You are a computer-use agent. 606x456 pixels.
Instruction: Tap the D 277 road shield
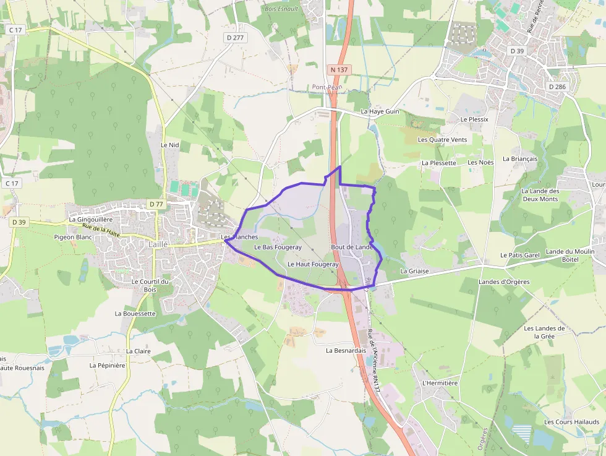236,38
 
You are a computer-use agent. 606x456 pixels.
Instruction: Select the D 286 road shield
557,87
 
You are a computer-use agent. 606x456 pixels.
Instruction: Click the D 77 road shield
156,204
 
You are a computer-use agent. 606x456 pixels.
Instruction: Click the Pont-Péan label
326,87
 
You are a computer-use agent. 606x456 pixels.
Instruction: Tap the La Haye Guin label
380,111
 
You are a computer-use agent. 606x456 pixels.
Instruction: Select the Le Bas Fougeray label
278,247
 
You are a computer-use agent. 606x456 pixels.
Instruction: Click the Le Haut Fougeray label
313,264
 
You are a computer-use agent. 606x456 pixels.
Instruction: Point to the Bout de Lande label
352,247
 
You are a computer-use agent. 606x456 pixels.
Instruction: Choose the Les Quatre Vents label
442,140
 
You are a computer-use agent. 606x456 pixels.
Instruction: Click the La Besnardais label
347,350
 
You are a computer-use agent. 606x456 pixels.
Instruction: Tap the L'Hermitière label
440,383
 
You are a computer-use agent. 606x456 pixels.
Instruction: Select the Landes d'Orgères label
504,282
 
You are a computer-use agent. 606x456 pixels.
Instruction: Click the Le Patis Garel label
520,255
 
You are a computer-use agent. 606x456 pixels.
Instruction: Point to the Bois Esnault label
281,9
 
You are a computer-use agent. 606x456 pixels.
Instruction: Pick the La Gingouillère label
91,219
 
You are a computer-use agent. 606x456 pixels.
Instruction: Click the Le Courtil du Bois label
150,285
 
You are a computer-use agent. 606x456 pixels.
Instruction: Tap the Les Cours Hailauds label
571,422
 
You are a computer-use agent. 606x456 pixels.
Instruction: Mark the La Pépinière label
108,365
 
